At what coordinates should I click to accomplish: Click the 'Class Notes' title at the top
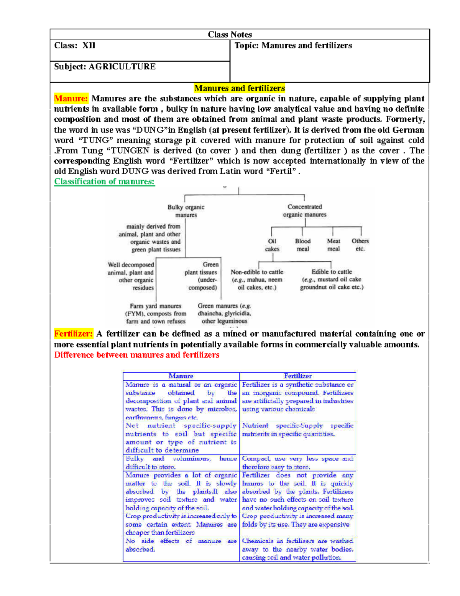point(230,35)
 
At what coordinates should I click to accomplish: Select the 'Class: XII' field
point(75,46)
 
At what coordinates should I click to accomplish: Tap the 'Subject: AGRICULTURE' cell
point(105,67)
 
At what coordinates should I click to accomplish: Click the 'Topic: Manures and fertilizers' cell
point(293,46)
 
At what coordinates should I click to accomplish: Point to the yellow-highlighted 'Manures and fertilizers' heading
point(239,88)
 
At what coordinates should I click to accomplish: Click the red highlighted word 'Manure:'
point(71,99)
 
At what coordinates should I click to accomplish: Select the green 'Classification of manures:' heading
point(104,182)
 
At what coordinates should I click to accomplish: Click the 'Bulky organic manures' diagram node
point(186,211)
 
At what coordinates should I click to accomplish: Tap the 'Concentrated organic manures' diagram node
point(305,211)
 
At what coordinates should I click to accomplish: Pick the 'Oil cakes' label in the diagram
point(272,245)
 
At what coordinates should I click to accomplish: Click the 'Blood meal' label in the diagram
point(302,245)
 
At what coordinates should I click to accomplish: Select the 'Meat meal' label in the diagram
point(333,245)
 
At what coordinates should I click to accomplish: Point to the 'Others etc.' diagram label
point(360,245)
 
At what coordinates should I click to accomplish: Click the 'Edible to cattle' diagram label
point(332,272)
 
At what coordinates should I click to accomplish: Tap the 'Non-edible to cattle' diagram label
point(257,272)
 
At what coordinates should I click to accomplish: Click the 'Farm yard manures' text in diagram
point(156,306)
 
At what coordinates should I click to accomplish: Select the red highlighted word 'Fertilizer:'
point(73,334)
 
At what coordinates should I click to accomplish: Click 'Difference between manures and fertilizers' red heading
point(136,355)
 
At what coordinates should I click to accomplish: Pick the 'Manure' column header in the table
point(181,376)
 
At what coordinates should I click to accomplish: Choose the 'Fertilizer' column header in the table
point(298,376)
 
